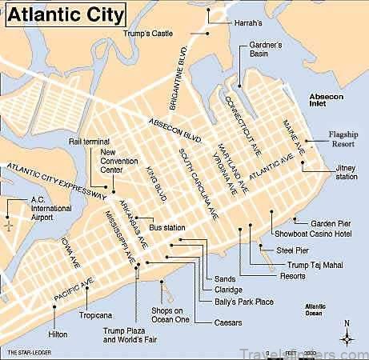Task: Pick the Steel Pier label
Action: (291, 250)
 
